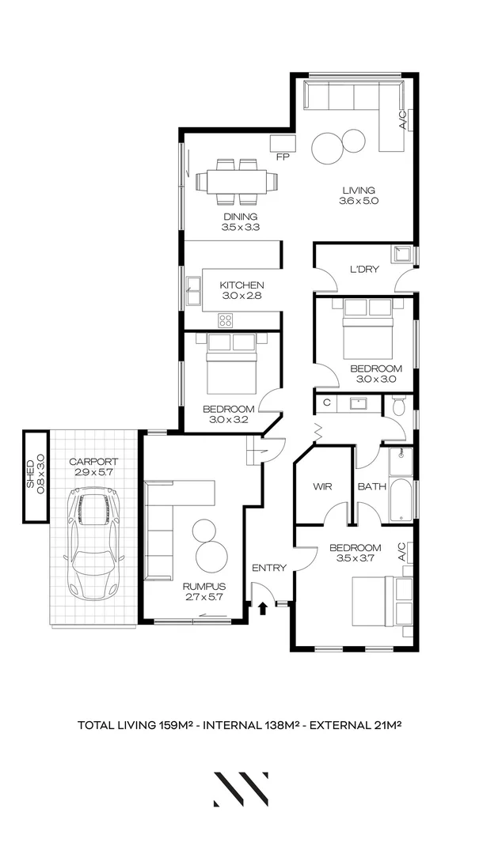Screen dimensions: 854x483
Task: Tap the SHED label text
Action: (x=32, y=475)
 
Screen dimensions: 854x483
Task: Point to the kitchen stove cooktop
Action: (x=226, y=320)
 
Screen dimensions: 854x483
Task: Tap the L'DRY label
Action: (x=365, y=270)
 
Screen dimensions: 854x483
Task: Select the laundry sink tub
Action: (x=402, y=255)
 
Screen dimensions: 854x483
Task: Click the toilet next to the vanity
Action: (x=399, y=406)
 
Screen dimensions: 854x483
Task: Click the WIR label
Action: (x=321, y=486)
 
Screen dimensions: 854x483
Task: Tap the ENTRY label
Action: (x=268, y=568)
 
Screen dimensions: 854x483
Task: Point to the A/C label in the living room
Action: (x=402, y=119)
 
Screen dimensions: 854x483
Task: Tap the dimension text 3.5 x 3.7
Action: (x=355, y=558)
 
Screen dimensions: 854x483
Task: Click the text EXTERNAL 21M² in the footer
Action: (x=357, y=724)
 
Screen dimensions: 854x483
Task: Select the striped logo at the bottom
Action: (x=241, y=789)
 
